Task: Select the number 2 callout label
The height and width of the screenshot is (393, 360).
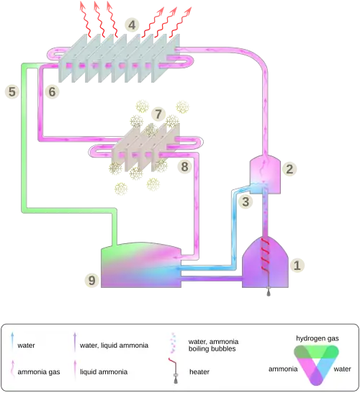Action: coord(289,169)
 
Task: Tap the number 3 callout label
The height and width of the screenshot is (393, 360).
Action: coord(246,202)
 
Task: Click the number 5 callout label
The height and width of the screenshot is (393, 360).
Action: coord(12,91)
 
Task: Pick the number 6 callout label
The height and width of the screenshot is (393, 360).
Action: coord(50,91)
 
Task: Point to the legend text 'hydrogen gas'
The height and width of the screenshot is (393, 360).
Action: coord(316,338)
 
